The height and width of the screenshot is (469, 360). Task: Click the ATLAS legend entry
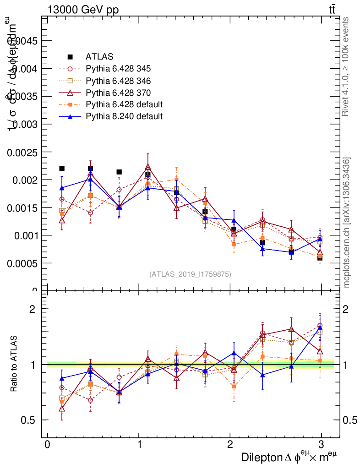point(99,57)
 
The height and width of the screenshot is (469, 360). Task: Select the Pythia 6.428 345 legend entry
point(118,69)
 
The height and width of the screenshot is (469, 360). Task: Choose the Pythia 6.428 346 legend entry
point(118,81)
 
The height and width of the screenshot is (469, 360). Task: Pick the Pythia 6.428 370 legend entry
point(118,93)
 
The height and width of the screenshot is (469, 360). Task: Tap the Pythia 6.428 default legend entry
point(124,104)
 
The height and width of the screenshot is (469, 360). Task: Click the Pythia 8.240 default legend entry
point(124,116)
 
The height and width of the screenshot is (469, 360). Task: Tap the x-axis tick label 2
point(230,445)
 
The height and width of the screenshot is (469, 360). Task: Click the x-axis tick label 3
point(321,445)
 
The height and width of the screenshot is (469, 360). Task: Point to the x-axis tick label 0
point(47,445)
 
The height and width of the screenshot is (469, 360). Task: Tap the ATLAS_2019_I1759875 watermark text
point(190,274)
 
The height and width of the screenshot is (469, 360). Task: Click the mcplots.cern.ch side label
point(347,223)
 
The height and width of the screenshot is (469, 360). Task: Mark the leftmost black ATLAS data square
point(62,168)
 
